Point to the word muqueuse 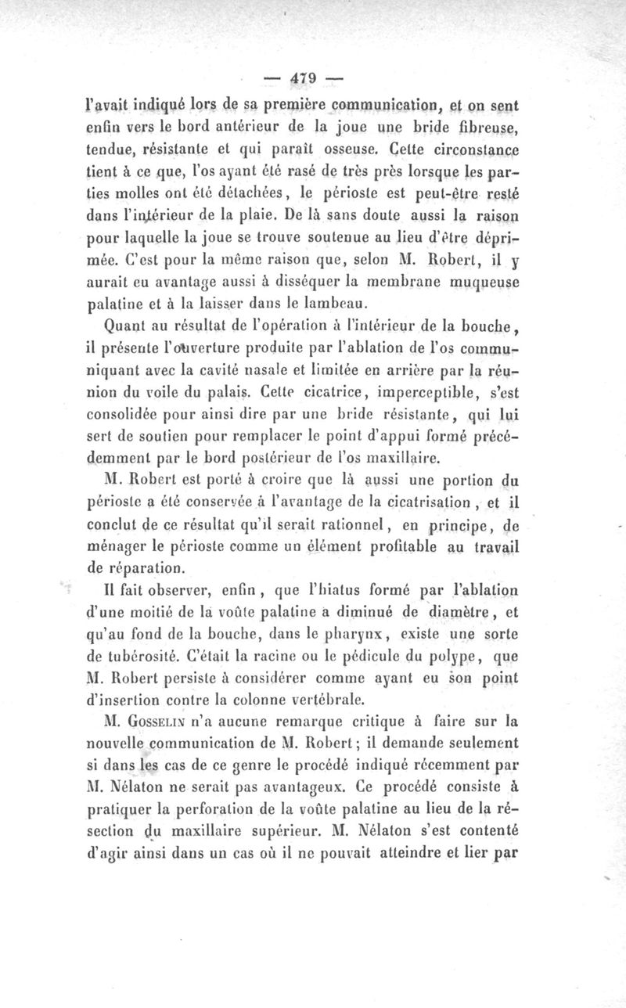click(495, 278)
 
